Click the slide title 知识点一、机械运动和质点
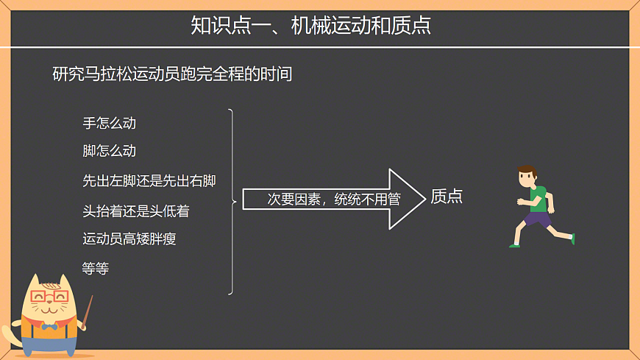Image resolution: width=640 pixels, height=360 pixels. (x=310, y=26)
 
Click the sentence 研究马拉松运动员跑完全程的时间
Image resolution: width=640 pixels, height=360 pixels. (x=172, y=74)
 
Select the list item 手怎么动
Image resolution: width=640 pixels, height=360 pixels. (x=109, y=123)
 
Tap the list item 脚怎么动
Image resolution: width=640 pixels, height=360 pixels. (x=109, y=151)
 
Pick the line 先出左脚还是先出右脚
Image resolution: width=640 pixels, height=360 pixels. (x=149, y=180)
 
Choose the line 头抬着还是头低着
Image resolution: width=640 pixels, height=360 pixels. (x=136, y=211)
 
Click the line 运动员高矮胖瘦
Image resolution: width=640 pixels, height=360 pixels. (x=129, y=239)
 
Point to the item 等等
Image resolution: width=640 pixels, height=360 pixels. (x=96, y=269)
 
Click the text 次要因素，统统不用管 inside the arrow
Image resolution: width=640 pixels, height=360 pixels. (x=333, y=200)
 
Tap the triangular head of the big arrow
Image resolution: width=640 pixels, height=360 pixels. (x=407, y=199)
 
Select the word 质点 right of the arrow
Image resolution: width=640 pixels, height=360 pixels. (x=447, y=197)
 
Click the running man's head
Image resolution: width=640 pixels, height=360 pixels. (x=527, y=176)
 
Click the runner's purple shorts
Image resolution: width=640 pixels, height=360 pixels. (x=538, y=219)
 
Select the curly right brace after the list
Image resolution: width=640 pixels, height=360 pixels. (x=232, y=201)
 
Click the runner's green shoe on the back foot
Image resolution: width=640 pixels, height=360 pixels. (x=572, y=239)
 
